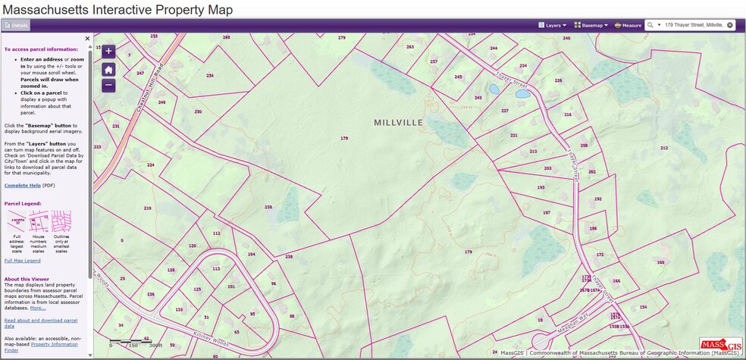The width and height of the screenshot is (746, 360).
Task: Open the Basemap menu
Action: [x=591, y=25]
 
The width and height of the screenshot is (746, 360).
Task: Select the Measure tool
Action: [x=628, y=25]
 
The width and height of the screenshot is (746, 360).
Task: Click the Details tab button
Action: [x=16, y=25]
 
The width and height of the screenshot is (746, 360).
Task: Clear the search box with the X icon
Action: [x=730, y=25]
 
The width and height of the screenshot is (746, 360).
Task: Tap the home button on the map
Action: [x=108, y=69]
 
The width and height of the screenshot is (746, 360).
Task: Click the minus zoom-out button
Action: [x=108, y=86]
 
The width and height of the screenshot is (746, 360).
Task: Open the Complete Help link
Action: [x=22, y=185]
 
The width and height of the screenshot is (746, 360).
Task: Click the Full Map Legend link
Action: [x=23, y=261]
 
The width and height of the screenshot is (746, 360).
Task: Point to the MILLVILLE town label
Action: [x=398, y=122]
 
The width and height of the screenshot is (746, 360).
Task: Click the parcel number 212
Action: [x=664, y=148]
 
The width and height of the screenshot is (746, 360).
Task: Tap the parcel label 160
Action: [x=660, y=262]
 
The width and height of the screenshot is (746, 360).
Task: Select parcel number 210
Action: [x=147, y=208]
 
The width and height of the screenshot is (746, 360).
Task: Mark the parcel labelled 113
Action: [x=216, y=268]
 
